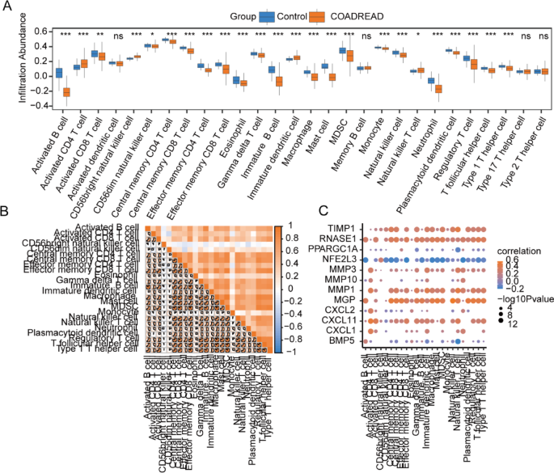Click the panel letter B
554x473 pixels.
[x=6, y=211]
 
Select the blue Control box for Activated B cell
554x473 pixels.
[x=58, y=73]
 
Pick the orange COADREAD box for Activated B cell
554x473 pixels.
[x=66, y=92]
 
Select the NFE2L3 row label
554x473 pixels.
[x=339, y=260]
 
